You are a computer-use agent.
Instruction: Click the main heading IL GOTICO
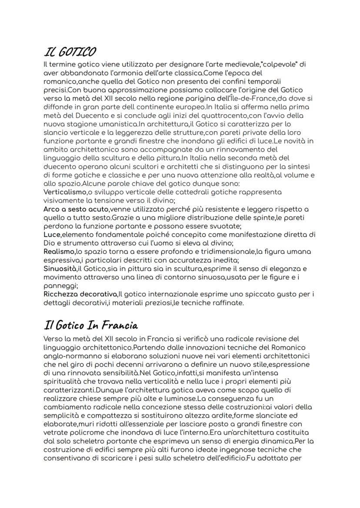click(x=70, y=53)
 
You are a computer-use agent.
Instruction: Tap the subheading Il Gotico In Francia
click(x=91, y=325)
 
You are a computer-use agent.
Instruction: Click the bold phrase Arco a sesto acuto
click(x=73, y=209)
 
